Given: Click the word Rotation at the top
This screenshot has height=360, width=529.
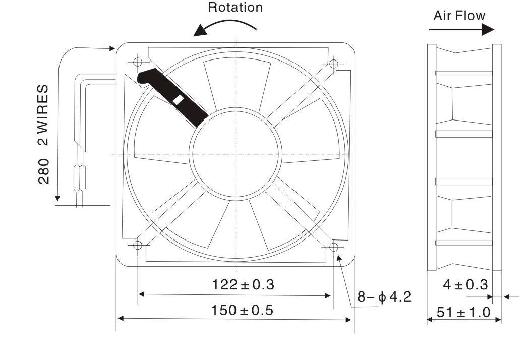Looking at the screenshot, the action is [x=235, y=8].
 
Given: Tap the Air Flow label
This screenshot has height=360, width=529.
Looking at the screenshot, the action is [x=459, y=16].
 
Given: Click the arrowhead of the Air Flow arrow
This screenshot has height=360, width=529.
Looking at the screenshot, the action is [x=488, y=29].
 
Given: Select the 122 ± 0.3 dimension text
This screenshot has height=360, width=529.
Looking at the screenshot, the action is [x=243, y=285].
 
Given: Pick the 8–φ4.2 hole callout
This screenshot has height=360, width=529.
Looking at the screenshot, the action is [x=384, y=297].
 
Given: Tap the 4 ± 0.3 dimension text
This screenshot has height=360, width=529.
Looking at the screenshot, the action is [x=465, y=285].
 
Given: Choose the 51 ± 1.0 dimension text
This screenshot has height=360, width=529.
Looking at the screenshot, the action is [x=463, y=312].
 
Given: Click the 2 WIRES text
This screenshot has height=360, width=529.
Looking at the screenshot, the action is [x=43, y=115].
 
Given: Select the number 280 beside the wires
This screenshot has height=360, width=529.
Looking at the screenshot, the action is [x=43, y=171].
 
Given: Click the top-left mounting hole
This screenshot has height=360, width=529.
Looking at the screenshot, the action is [x=138, y=62].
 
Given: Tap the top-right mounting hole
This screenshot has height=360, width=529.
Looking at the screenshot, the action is [x=334, y=64].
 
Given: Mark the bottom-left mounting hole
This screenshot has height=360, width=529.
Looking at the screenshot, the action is [x=138, y=245].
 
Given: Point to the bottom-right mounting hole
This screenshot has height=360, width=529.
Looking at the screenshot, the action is [x=334, y=247].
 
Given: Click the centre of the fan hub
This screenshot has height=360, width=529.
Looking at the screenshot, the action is [x=236, y=154].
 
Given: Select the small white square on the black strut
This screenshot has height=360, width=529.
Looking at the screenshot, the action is [x=178, y=100].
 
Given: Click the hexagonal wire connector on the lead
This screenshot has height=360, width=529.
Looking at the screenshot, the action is [x=80, y=177].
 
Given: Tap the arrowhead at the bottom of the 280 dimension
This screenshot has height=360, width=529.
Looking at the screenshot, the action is [x=57, y=198].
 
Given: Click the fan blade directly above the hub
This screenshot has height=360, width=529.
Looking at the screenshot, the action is [x=237, y=84].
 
